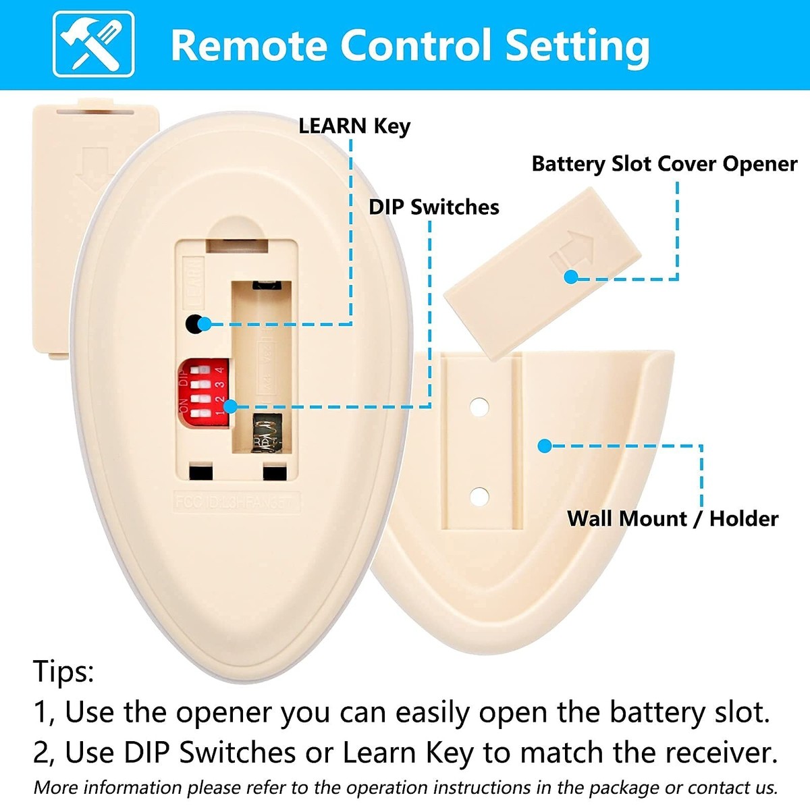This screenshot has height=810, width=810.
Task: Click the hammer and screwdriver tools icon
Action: (x=93, y=45)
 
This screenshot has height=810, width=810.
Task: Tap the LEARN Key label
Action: (x=354, y=126)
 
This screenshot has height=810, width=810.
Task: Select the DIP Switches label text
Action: (x=433, y=207)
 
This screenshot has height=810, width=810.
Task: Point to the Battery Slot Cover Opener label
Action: (x=664, y=164)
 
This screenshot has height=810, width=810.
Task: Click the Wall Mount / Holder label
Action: (x=672, y=518)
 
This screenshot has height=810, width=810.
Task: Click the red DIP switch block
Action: (x=204, y=392)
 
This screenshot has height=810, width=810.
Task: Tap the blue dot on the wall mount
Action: (x=545, y=446)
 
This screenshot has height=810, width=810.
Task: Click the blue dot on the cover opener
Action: (x=571, y=277)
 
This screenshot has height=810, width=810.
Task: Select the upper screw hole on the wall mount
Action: (x=479, y=407)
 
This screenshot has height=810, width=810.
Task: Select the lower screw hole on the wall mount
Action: (x=479, y=497)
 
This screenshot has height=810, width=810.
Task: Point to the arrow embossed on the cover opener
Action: (x=572, y=253)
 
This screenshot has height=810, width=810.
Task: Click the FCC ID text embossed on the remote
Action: (x=236, y=504)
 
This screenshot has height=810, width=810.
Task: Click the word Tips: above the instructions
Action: (x=64, y=672)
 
